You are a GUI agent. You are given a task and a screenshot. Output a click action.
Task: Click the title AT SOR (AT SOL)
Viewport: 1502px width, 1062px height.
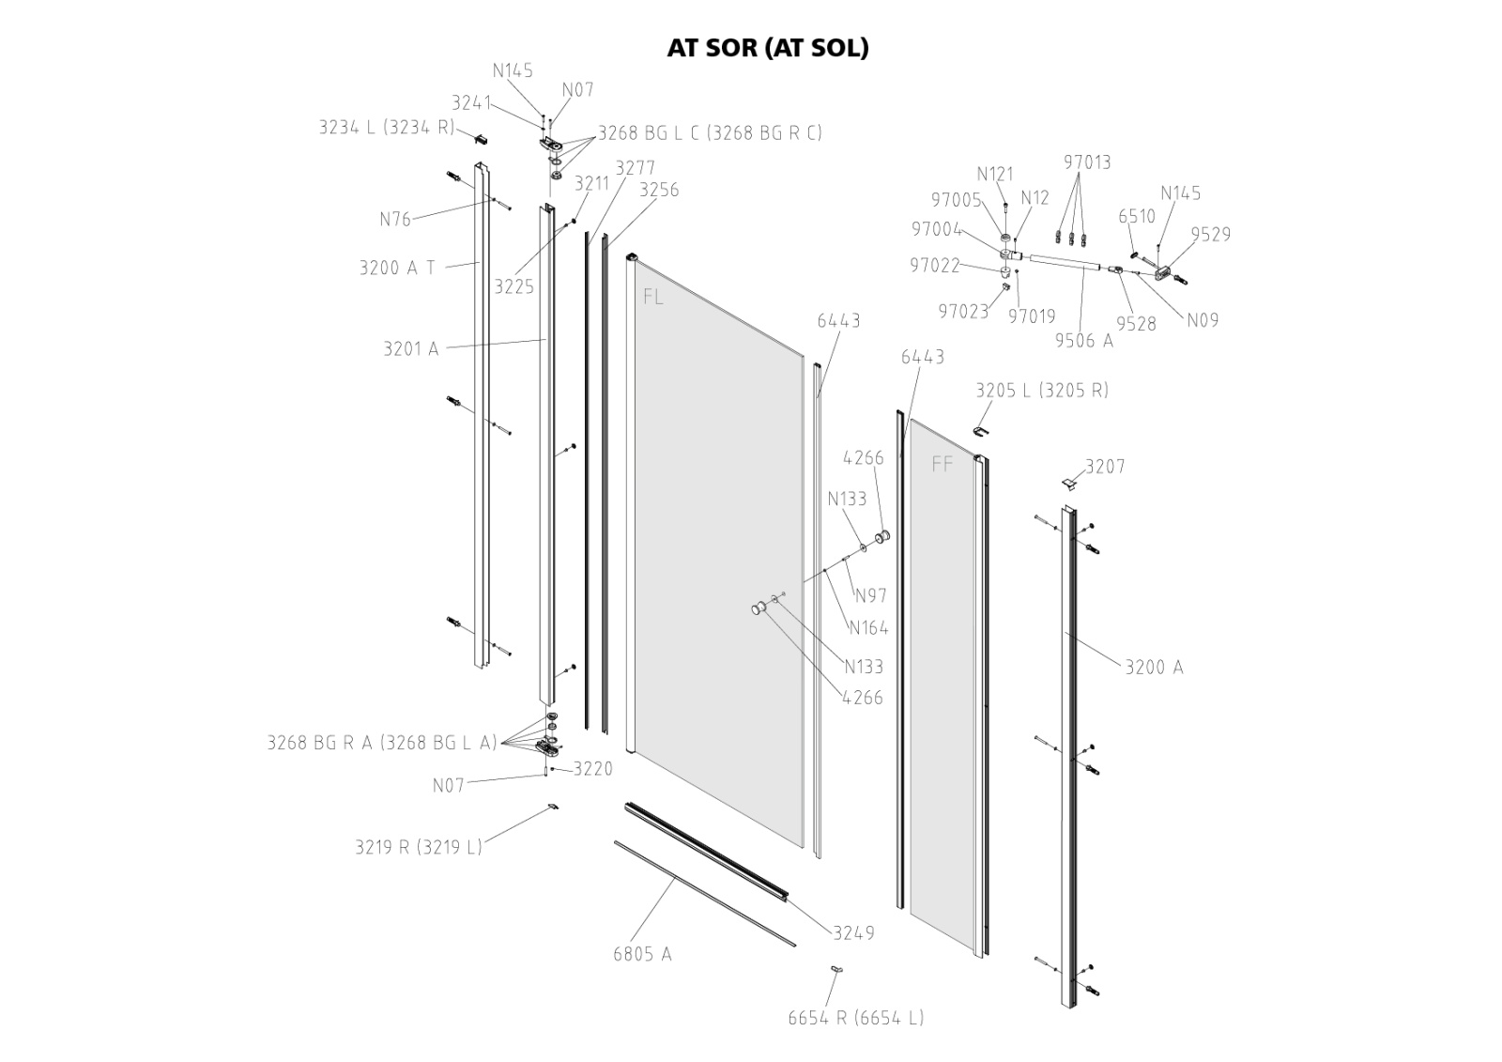[767, 48]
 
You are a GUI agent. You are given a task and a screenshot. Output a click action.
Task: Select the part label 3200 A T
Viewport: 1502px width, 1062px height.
[397, 268]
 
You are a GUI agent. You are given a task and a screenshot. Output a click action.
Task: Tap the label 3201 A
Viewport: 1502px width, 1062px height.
[410, 349]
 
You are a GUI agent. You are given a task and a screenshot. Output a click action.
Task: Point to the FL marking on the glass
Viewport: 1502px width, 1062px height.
[653, 298]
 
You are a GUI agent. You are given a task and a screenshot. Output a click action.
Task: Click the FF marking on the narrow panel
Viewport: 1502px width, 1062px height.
[943, 464]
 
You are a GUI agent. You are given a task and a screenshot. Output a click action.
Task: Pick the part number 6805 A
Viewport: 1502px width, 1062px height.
[642, 955]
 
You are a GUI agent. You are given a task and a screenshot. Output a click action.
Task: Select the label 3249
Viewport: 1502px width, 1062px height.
[853, 932]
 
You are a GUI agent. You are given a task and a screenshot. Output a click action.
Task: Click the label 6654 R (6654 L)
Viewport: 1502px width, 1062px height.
[855, 1018]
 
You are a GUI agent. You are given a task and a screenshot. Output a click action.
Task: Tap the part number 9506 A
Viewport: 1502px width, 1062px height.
[1084, 341]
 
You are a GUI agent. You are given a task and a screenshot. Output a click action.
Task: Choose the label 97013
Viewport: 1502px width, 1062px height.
[1087, 162]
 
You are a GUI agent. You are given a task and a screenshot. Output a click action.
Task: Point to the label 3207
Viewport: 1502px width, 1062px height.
[1105, 467]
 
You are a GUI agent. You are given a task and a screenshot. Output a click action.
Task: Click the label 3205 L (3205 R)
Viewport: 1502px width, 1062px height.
[1042, 391]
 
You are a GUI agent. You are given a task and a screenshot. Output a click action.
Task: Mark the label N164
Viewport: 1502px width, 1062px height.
[868, 628]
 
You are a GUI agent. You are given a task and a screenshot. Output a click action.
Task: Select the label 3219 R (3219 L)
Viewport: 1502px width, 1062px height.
[418, 847]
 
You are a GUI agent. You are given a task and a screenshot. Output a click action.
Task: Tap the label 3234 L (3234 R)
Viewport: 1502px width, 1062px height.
[387, 128]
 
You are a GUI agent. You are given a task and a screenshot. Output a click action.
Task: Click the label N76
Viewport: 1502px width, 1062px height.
[395, 220]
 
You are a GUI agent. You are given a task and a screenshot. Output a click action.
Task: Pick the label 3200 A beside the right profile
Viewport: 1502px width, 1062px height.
[1154, 668]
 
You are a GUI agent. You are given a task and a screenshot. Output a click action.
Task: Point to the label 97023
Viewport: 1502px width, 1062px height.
[963, 312]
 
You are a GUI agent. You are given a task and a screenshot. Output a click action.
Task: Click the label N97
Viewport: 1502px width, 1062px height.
[870, 595]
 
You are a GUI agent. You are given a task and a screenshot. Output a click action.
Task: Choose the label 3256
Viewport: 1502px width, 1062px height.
[658, 190]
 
